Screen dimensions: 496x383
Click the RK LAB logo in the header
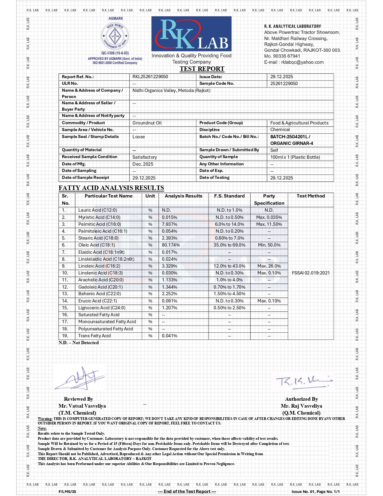[191, 34]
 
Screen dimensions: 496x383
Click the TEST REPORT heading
[202, 69]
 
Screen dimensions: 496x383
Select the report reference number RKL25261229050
[150, 77]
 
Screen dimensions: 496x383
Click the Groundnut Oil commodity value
[147, 123]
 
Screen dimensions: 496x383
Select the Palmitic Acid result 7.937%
[169, 224]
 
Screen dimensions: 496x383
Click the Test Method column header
[311, 196]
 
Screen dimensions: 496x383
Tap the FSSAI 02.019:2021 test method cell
[311, 273]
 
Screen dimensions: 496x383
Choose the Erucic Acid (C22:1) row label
[98, 301]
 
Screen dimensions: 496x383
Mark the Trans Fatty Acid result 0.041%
[169, 336]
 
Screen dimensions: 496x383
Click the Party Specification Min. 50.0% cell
[269, 245]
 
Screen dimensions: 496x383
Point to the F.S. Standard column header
[229, 196]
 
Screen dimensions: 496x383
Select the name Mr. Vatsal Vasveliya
[82, 406]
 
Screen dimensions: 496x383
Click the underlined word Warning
[45, 419]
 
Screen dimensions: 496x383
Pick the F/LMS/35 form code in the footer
[67, 492]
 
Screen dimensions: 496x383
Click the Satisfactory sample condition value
[144, 157]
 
